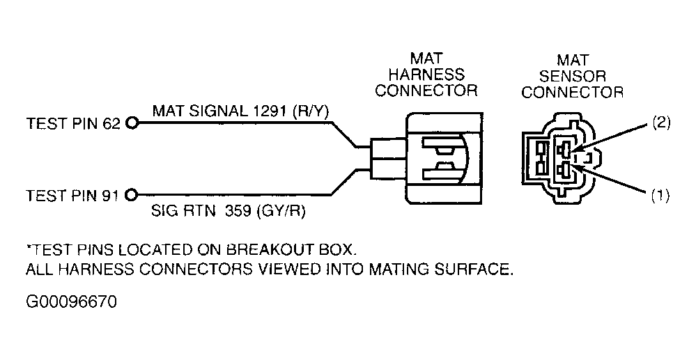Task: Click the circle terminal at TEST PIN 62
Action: click(132, 123)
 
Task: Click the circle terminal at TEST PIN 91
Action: click(132, 194)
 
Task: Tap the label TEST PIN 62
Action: click(73, 123)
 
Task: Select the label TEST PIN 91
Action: click(72, 195)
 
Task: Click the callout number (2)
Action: click(660, 123)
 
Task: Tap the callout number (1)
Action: click(660, 196)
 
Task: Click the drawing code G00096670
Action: click(72, 302)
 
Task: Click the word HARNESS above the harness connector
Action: click(426, 74)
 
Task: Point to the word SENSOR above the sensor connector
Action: click(573, 76)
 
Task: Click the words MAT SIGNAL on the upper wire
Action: click(198, 111)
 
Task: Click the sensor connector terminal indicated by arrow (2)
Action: click(564, 149)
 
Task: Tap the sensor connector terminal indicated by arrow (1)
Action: click(564, 169)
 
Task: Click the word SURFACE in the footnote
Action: click(477, 269)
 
